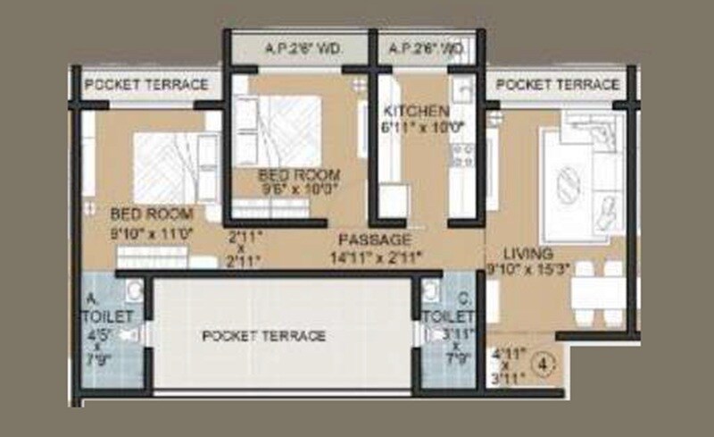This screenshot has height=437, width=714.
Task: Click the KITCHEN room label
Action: coord(416,111)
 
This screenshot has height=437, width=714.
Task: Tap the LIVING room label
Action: coord(527,254)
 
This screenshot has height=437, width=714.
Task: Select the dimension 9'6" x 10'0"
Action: coord(300,189)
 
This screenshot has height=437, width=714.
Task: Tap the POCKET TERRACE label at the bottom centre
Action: coord(264,336)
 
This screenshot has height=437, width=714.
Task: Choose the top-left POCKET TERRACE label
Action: coord(146,85)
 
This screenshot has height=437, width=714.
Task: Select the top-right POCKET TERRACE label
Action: coord(558,85)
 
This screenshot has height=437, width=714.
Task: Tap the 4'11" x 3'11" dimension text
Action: coord(508,365)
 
